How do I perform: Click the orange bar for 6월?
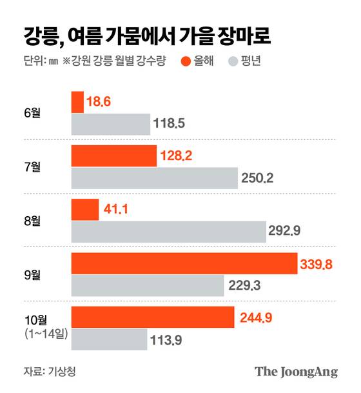click(x=77, y=102)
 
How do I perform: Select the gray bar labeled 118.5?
click(x=110, y=124)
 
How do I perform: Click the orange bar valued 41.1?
click(x=85, y=209)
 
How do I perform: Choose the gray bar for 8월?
click(x=168, y=230)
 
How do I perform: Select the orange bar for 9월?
click(x=184, y=263)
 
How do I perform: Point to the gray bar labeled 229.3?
click(x=147, y=284)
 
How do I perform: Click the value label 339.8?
click(x=317, y=263)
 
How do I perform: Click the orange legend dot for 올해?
click(x=186, y=62)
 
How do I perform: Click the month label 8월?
click(x=31, y=220)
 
